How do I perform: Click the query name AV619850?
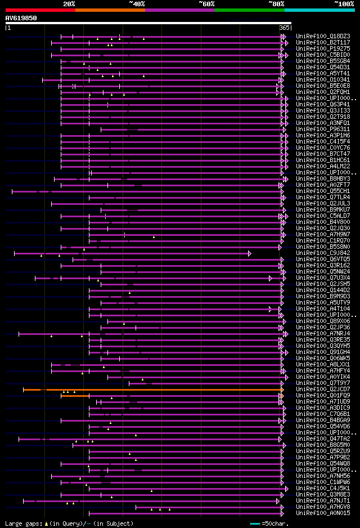(21, 18)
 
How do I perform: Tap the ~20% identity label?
(69, 3)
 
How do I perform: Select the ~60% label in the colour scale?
(206, 3)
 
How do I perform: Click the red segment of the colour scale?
(40, 10)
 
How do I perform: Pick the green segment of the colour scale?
(249, 10)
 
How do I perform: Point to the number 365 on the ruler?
(283, 28)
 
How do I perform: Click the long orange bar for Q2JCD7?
(152, 390)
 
